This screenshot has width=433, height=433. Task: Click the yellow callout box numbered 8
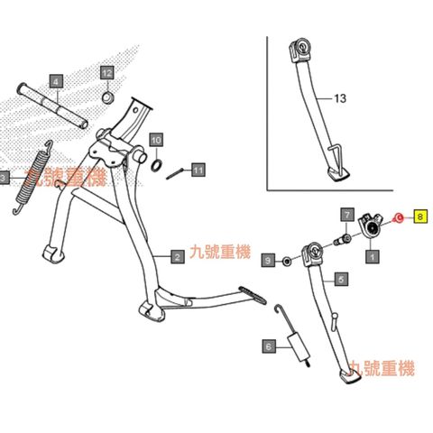(x=420, y=216)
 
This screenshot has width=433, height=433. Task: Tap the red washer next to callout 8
(x=399, y=217)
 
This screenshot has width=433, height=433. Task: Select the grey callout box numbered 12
(x=107, y=72)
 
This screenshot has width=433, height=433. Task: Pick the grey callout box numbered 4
(x=57, y=81)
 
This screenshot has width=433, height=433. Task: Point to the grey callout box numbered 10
(x=156, y=140)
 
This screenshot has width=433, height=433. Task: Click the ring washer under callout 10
(x=157, y=166)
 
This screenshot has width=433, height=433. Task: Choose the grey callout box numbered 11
(x=198, y=170)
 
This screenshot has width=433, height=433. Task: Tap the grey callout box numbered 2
(x=178, y=257)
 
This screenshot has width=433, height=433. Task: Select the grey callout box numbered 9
(x=268, y=260)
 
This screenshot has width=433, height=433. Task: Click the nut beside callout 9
(x=287, y=261)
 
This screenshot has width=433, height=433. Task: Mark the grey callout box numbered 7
(x=347, y=215)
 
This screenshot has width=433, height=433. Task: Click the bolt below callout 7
(x=343, y=240)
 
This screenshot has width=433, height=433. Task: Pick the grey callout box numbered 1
(x=373, y=257)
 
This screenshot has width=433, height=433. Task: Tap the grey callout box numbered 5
(x=341, y=280)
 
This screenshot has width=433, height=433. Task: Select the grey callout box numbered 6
(x=269, y=346)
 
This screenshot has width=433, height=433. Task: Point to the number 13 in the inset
(x=340, y=98)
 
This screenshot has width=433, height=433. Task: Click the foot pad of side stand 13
(x=338, y=174)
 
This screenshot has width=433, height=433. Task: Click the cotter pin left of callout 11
(x=174, y=174)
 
